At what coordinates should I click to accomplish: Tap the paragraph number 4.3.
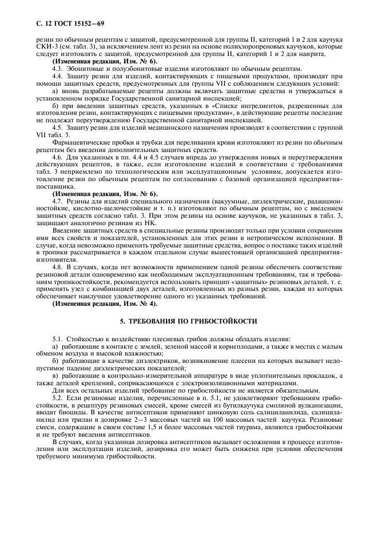pos(58,67)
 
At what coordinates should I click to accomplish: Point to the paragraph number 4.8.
pos(58,267)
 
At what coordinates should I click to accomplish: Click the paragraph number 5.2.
pos(58,396)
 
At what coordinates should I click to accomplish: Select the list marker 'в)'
pos(55,375)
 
